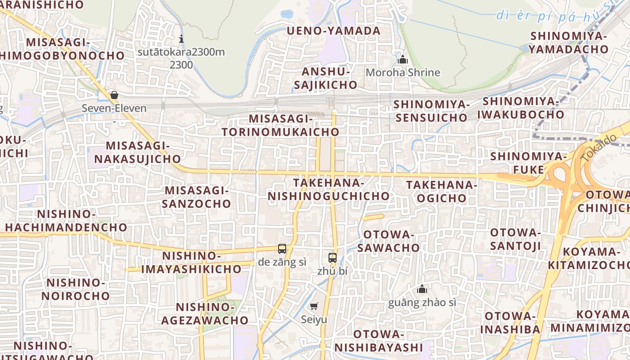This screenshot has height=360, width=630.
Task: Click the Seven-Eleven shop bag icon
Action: point(114,95)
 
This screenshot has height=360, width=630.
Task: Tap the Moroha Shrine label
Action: point(403,72)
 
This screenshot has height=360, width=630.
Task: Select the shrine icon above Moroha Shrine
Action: point(403,59)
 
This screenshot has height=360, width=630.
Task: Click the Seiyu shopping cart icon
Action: point(314,306)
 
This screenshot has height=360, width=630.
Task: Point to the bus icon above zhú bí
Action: point(333,258)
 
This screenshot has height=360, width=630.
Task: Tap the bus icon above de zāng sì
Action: point(282,248)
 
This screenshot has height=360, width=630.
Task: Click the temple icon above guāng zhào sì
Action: point(422,289)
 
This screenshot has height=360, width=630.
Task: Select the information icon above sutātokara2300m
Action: point(181,39)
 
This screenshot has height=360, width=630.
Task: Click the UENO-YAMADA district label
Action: point(333,31)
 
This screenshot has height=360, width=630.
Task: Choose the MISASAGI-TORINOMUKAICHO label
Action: point(280,125)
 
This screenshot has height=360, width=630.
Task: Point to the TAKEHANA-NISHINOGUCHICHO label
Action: point(328,189)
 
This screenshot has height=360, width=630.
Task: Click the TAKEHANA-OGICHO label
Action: point(441,191)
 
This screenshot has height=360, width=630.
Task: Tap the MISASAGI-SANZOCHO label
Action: point(197,197)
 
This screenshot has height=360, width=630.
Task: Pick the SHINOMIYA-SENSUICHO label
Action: point(431,111)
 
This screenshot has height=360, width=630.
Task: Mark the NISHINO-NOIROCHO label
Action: point(76,289)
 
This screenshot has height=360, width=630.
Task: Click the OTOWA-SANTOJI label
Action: point(515,239)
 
